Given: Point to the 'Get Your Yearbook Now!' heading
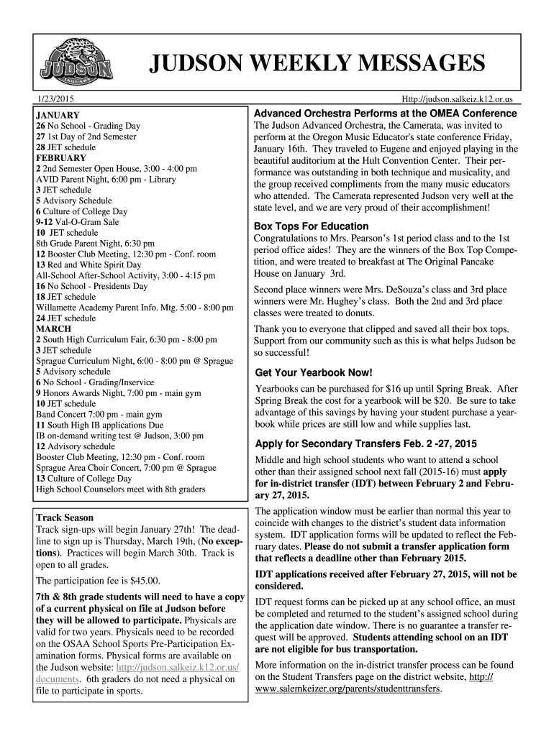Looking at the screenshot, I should [314, 372].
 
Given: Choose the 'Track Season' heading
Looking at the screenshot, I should [65, 517].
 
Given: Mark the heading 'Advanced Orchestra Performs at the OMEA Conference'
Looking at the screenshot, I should [386, 114].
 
